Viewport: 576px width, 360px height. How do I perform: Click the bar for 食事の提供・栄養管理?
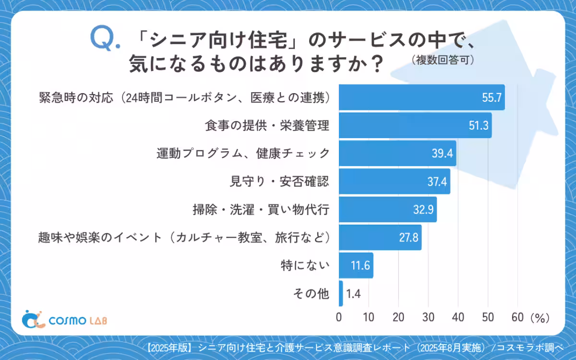click(x=415, y=125)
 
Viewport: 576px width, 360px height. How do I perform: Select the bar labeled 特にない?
click(x=356, y=265)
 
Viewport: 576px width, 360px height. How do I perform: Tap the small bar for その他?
click(x=341, y=293)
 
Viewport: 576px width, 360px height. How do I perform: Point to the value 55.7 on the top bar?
click(x=492, y=98)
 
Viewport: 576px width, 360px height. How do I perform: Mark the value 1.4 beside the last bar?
click(x=353, y=294)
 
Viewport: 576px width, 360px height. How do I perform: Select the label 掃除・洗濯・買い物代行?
click(x=261, y=209)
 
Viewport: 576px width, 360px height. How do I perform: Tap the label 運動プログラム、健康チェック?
click(x=243, y=154)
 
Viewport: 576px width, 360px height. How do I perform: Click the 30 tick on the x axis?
click(x=428, y=317)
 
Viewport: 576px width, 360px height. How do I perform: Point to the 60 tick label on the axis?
click(x=517, y=317)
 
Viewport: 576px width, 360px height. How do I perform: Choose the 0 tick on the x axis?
click(x=339, y=317)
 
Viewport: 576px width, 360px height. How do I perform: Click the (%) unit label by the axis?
click(x=540, y=317)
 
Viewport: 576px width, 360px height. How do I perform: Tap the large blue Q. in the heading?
click(x=105, y=39)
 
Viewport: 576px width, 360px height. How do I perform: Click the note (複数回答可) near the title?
click(x=443, y=60)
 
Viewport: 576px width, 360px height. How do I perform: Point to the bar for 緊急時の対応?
click(x=422, y=97)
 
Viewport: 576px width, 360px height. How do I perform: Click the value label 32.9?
click(x=424, y=210)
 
